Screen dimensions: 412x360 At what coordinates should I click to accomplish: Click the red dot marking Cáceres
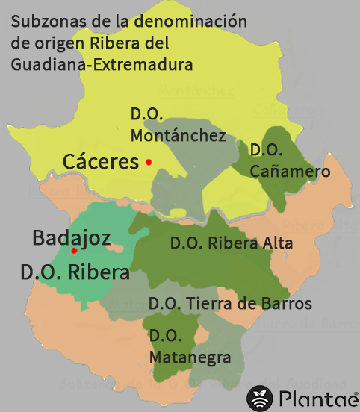(x=149, y=162)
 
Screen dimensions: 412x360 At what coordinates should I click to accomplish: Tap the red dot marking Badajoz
(x=74, y=251)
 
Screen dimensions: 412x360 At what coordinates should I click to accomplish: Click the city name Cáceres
(x=101, y=161)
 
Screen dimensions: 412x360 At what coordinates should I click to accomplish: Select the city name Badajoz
(x=72, y=238)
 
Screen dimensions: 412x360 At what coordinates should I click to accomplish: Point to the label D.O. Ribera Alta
(x=232, y=243)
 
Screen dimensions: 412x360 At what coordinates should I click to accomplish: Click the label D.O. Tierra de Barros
(x=230, y=304)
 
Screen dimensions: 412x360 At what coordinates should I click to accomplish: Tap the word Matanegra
(x=190, y=358)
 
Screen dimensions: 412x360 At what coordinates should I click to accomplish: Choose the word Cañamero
(x=291, y=172)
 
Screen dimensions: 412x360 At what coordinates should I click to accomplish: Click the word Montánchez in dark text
(x=178, y=136)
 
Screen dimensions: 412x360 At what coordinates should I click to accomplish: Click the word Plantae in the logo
(x=317, y=399)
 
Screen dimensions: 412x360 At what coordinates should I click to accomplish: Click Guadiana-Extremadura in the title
(x=102, y=65)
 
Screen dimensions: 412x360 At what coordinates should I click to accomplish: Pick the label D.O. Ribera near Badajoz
(x=75, y=273)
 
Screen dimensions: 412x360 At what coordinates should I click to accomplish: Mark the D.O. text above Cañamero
(x=266, y=150)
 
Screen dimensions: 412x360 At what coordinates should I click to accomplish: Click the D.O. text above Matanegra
(x=165, y=337)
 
